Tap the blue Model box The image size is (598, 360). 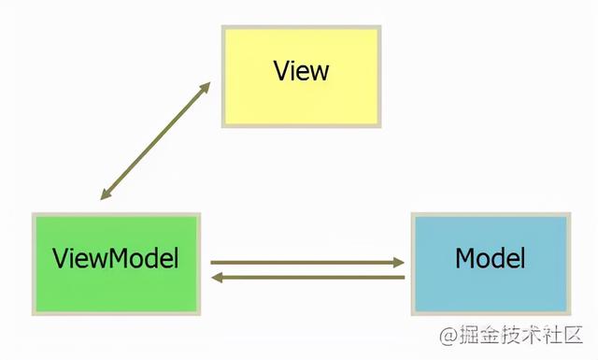point(490,262)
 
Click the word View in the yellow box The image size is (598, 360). point(301,70)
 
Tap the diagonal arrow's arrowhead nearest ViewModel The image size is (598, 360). point(105,194)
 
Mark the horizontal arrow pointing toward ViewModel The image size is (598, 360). point(308,278)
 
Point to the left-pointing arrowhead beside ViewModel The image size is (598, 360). point(216,278)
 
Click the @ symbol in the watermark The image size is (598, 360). point(448,334)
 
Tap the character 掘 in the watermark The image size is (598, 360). point(467,334)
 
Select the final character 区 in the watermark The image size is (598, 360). point(573,334)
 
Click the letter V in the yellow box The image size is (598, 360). point(281,70)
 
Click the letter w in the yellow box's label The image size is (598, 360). point(319,71)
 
